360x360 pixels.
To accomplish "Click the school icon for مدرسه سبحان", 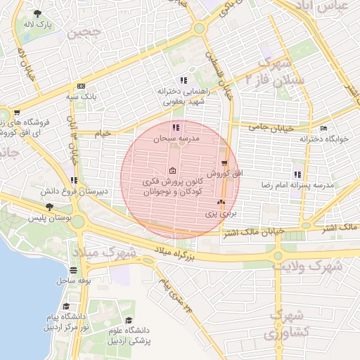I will click(x=175, y=128).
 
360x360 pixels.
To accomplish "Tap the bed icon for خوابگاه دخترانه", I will click(x=323, y=128).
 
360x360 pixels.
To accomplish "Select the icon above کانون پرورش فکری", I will click(x=173, y=171).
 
